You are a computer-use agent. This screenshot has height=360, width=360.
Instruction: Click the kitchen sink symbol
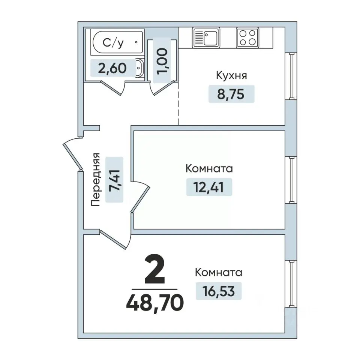coord(206,37)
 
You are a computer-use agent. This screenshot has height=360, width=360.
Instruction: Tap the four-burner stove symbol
coord(247,37)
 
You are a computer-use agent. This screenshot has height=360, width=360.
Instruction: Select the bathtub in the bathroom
coord(117,42)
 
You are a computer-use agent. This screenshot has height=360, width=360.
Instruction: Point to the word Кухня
coord(231,75)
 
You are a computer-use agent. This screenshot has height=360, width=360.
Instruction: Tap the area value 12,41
coord(208,187)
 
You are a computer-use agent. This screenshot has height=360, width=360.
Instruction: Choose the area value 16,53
coord(219,291)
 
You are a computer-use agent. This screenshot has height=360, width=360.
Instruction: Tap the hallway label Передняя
coord(96,179)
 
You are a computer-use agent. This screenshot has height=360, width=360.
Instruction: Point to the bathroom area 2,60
coord(112,68)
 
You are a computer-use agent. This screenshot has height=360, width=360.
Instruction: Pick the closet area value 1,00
coord(162,61)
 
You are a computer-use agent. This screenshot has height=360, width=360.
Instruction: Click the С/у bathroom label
coord(113,43)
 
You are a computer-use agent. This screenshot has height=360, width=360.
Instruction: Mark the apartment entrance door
coord(72,154)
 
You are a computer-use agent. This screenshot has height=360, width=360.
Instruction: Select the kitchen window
coord(292,76)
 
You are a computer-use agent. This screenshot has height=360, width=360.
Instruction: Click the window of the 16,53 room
coord(292,284)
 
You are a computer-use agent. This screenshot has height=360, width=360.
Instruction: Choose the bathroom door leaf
coord(111,87)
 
